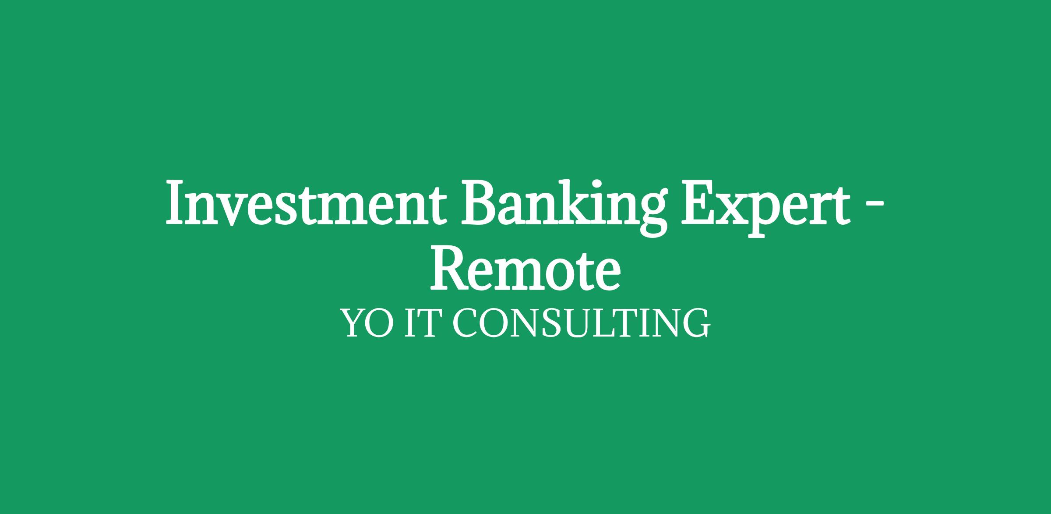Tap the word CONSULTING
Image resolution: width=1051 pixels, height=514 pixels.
[x=581, y=323]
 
